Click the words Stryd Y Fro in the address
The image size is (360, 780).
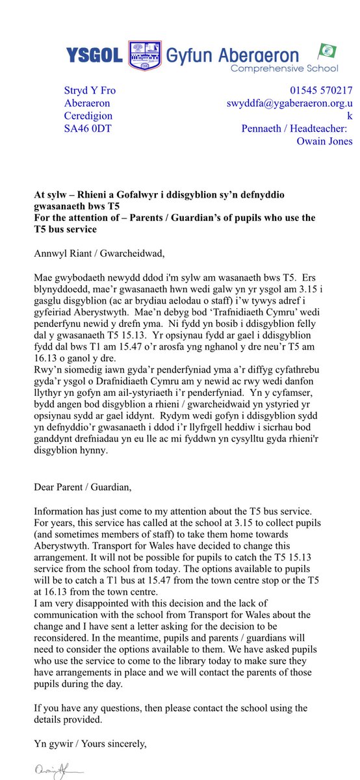pos(90,90)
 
